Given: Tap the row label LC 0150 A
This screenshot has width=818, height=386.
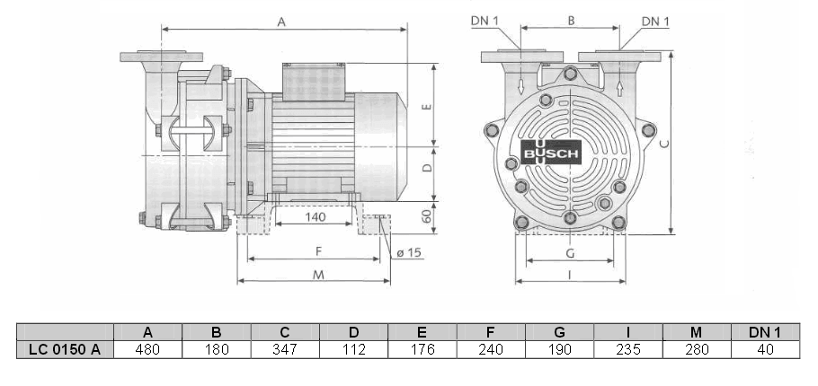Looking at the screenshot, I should pos(65,349).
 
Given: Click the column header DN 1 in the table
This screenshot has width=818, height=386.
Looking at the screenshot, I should pos(765,331).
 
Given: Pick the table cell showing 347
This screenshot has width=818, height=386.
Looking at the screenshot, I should pos(285,349).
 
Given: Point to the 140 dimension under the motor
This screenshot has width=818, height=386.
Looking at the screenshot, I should pos(314,216).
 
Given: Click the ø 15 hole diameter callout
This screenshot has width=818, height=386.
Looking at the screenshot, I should pos(408,252).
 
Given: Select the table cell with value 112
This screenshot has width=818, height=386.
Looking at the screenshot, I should pos(353,349).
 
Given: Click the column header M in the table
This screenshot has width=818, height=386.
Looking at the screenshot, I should pos(696,331).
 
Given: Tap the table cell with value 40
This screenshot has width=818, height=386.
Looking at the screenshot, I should pos(765,349).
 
